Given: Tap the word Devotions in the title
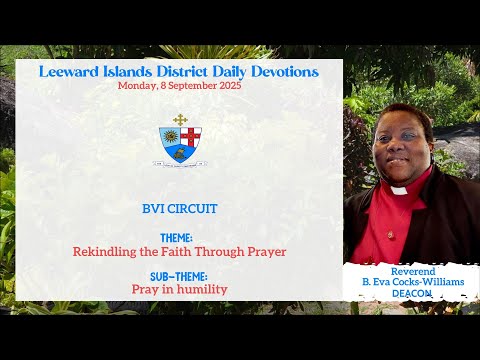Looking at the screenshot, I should click(x=282, y=72).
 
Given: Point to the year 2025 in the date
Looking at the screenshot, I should click(x=226, y=86).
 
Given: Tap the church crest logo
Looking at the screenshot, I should click(x=179, y=140).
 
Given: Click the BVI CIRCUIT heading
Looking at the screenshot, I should click(x=180, y=211).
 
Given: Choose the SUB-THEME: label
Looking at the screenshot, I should click(x=180, y=277).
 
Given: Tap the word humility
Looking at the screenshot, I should click(x=202, y=289).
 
